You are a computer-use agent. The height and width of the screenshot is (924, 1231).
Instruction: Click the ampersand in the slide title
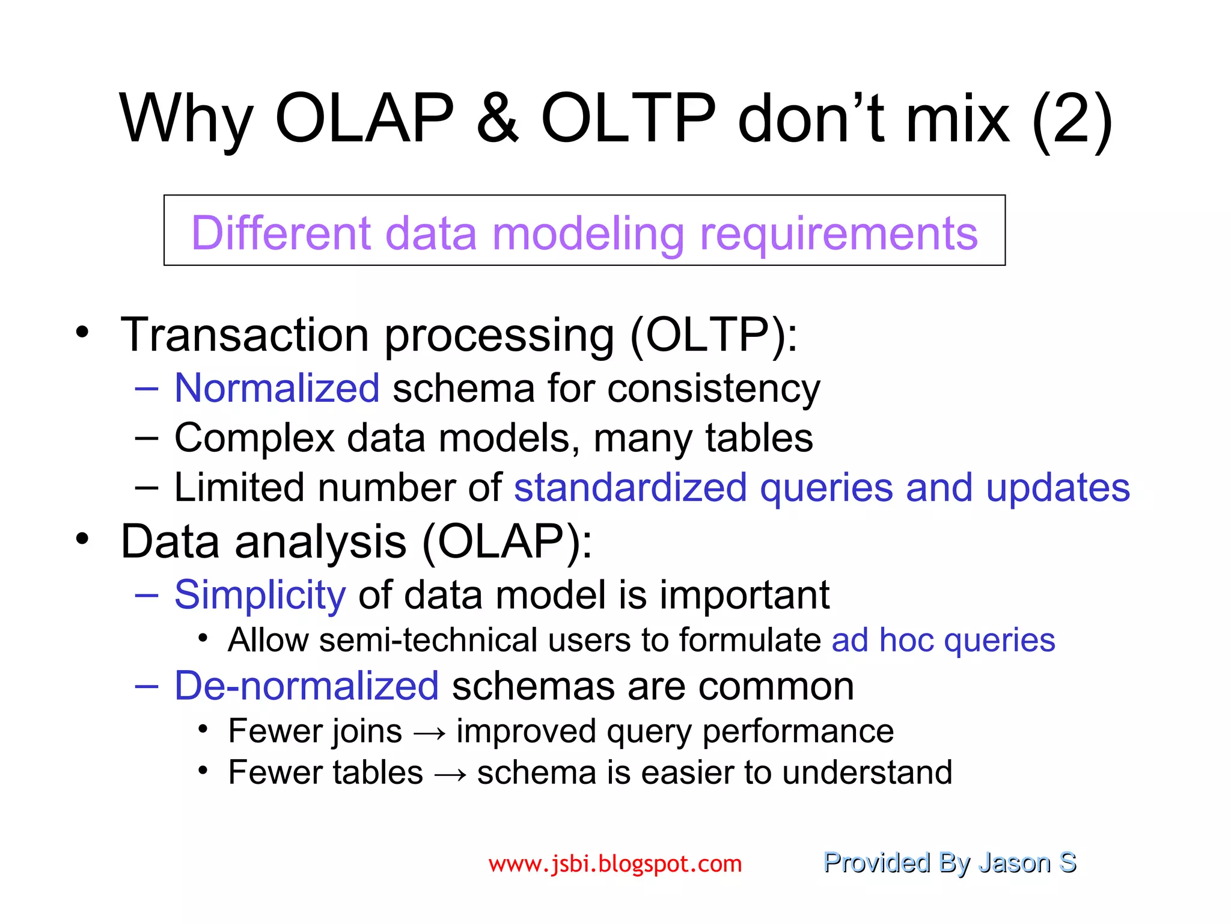[497, 119]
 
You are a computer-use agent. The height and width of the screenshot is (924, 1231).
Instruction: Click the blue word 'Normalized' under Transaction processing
[277, 388]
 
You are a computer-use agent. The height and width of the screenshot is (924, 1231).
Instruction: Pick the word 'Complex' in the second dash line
[254, 438]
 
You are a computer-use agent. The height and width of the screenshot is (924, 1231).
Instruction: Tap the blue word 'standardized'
[631, 487]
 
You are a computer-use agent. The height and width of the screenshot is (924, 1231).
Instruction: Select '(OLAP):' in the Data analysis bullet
[507, 542]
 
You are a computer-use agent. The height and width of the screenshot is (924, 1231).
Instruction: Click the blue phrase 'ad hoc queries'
[943, 639]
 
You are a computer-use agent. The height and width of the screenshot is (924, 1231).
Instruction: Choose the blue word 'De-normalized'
[307, 686]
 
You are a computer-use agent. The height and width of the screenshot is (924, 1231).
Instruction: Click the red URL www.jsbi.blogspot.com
[615, 864]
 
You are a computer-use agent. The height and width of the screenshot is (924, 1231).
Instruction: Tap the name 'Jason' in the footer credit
[1014, 863]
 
